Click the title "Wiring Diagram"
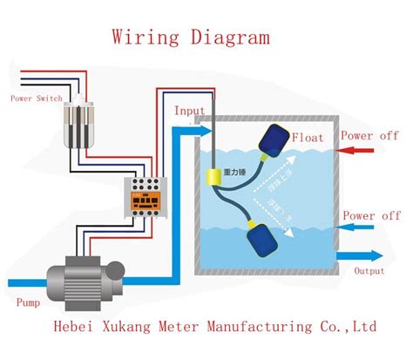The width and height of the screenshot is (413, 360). (x=189, y=37)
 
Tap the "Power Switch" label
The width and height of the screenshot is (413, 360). (x=36, y=98)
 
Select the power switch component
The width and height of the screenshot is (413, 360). (x=84, y=121)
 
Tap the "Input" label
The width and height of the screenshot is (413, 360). (x=190, y=112)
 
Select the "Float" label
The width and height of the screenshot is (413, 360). (x=308, y=138)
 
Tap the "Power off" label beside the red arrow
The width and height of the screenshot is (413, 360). (x=369, y=136)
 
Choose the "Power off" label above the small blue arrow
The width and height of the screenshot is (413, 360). (x=371, y=215)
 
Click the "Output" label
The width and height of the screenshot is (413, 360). (x=369, y=271)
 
